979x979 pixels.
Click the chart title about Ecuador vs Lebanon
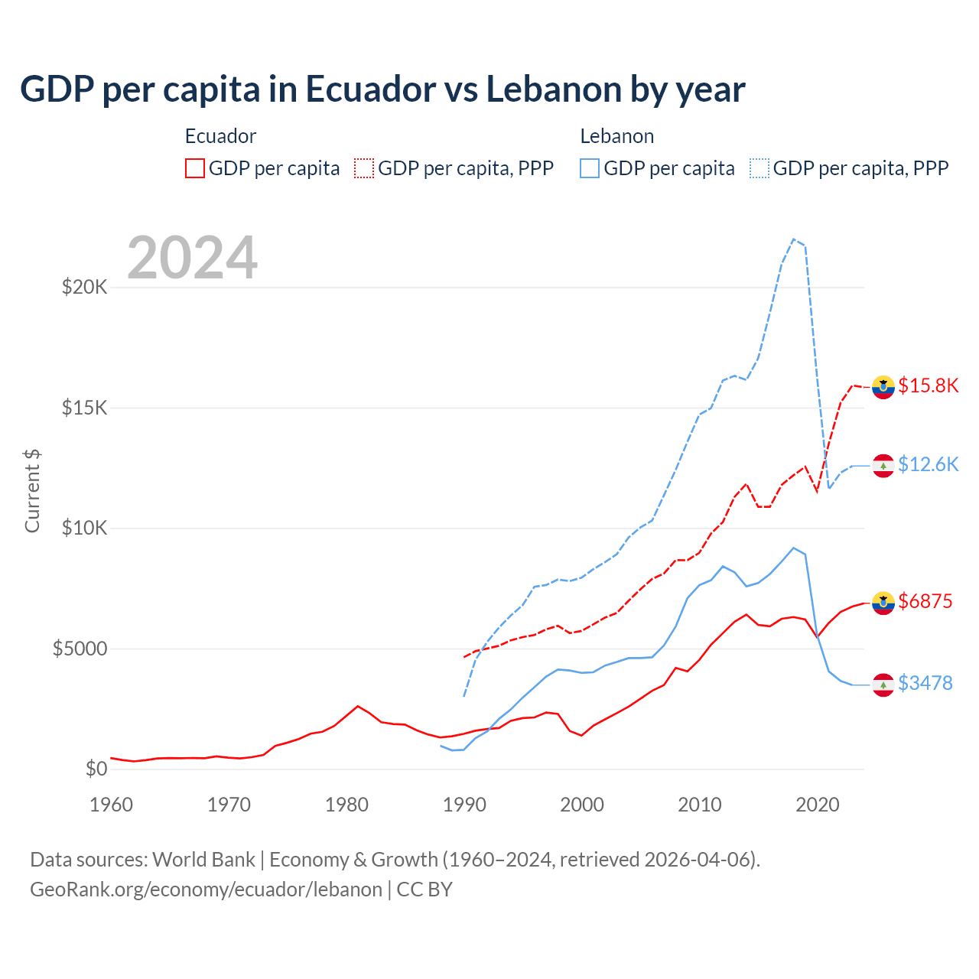pyautogui.click(x=382, y=89)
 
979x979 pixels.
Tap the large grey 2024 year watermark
pyautogui.click(x=192, y=258)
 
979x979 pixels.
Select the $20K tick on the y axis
pyautogui.click(x=85, y=288)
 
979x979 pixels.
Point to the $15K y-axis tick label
pyautogui.click(x=85, y=408)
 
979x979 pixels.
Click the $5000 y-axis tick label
pyautogui.click(x=80, y=649)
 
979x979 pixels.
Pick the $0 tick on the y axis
pyautogui.click(x=96, y=769)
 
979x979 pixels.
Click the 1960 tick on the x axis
pyautogui.click(x=112, y=805)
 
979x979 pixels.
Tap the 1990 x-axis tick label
pyautogui.click(x=464, y=805)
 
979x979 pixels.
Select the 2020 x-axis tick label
pyautogui.click(x=818, y=805)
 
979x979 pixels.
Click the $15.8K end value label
pyautogui.click(x=928, y=385)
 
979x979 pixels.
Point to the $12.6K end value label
pyautogui.click(x=928, y=464)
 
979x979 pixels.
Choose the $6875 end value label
pyautogui.click(x=925, y=601)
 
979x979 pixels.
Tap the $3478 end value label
pyautogui.click(x=925, y=683)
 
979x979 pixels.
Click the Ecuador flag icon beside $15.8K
pyautogui.click(x=883, y=388)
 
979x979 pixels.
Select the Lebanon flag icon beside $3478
pyautogui.click(x=883, y=685)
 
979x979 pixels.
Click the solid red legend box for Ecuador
pyautogui.click(x=195, y=168)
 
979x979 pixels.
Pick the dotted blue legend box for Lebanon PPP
pyautogui.click(x=759, y=168)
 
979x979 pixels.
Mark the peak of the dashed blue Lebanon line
pyautogui.click(x=794, y=239)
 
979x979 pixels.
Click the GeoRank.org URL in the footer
pyautogui.click(x=206, y=890)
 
